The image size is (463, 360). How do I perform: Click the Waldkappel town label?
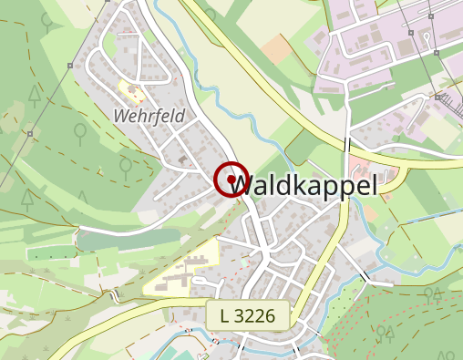(x=304, y=185)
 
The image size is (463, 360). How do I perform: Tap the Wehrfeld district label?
(x=149, y=116)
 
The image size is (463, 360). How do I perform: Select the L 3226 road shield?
(x=247, y=316)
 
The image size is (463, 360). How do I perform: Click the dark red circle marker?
(x=231, y=179)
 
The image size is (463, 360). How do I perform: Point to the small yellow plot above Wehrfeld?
(x=133, y=91)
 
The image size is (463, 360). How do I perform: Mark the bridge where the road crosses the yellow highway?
(x=348, y=146)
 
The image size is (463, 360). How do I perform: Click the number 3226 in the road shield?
(x=255, y=316)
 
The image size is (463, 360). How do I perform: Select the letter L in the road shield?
(x=225, y=316)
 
